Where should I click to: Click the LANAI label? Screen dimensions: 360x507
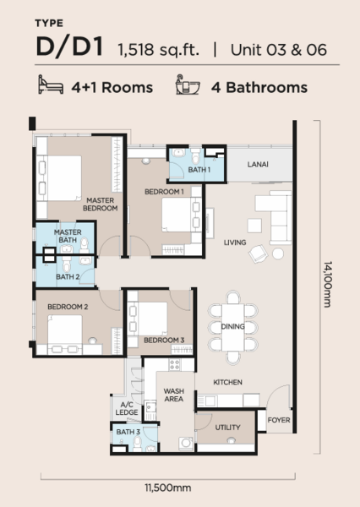(x=258, y=164)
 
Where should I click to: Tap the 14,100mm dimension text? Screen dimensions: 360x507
(x=328, y=284)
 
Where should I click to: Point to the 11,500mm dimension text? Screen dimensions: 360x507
(x=167, y=488)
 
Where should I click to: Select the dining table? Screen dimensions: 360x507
(x=233, y=327)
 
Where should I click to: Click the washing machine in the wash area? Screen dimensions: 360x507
(x=186, y=444)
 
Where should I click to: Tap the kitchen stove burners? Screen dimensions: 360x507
(x=175, y=365)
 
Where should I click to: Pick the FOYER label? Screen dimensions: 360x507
(x=279, y=420)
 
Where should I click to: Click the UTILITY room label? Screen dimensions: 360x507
(x=227, y=428)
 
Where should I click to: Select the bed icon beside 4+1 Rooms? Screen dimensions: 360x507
(x=51, y=84)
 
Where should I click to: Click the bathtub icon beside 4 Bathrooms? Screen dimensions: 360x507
(x=188, y=84)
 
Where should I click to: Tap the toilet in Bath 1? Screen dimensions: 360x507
(x=195, y=156)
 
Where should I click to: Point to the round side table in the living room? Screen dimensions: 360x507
(x=278, y=253)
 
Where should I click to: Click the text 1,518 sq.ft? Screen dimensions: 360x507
(x=159, y=50)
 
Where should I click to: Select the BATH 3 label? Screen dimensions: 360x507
(x=128, y=432)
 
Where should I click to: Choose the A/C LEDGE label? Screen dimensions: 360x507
(x=127, y=408)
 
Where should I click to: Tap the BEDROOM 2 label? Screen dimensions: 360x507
(x=68, y=307)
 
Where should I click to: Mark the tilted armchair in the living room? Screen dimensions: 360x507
(x=258, y=253)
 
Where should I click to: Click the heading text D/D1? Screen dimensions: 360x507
(x=69, y=47)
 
